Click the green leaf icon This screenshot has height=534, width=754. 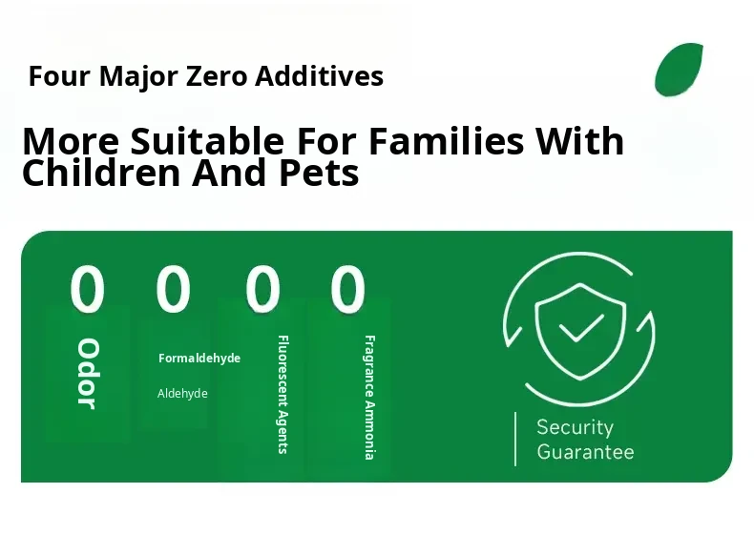[679, 70]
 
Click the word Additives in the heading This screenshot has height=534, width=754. [319, 76]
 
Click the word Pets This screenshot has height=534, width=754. [319, 174]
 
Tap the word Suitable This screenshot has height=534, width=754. [207, 141]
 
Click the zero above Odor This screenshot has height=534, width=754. [87, 289]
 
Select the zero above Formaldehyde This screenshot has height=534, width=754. [173, 289]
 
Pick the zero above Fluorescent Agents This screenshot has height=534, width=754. [262, 289]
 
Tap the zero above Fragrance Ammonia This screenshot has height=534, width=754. [347, 289]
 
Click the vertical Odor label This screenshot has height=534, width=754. [88, 374]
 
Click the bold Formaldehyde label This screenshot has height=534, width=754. [199, 359]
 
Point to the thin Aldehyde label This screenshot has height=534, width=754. [182, 394]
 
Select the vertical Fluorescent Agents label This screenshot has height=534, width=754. [283, 395]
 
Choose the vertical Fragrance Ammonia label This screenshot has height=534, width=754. [368, 398]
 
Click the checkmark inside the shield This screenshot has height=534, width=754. [581, 328]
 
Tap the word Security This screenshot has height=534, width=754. [576, 427]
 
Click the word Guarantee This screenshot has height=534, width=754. [585, 452]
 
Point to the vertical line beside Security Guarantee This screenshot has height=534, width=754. [515, 439]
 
